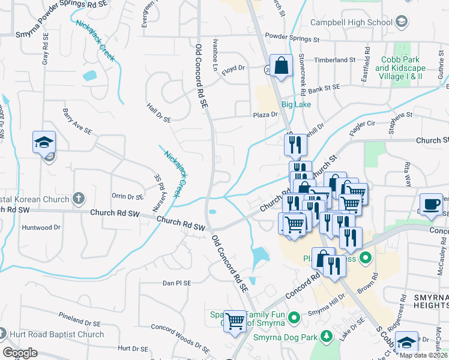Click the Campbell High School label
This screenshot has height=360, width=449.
click(351, 23)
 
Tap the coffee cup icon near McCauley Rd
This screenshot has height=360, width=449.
click(431, 203)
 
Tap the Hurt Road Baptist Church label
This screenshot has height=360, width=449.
click(57, 334)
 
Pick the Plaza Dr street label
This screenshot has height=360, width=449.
click(265, 114)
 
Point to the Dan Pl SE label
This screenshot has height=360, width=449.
click(176, 283)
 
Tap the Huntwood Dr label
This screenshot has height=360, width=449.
click(41, 227)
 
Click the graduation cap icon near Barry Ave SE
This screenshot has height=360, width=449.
click(44, 142)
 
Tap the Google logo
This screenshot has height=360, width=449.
click(20, 353)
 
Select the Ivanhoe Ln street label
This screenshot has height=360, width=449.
click(214, 56)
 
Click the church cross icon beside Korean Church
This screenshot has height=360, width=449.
click(78, 198)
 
